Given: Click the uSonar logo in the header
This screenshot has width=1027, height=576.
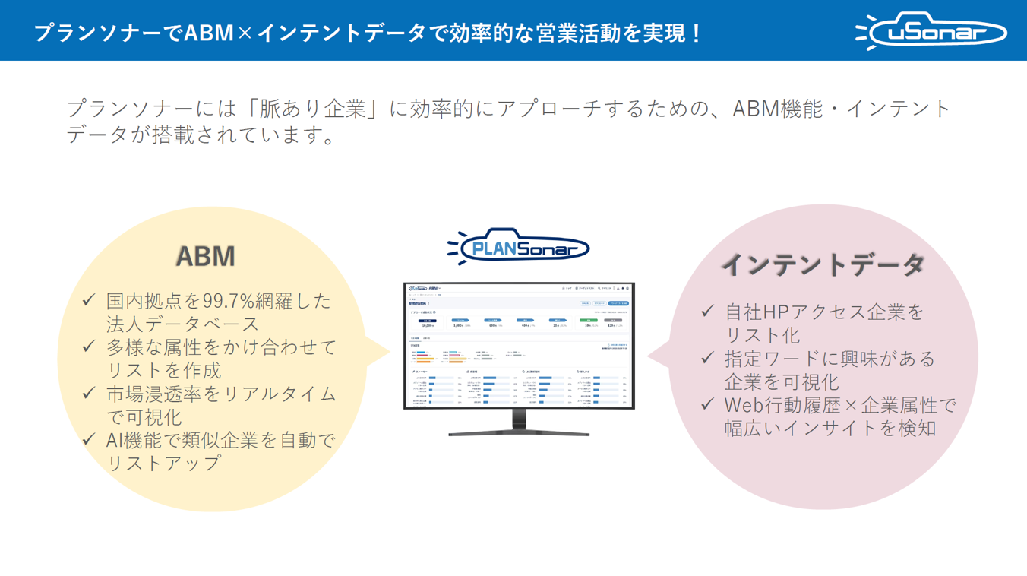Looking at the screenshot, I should point(931,31).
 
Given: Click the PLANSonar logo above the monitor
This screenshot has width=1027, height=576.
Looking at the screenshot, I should point(518,247).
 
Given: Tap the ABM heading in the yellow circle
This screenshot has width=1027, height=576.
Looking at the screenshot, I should point(205,256).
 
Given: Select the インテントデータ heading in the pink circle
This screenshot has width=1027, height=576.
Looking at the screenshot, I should point(823,264).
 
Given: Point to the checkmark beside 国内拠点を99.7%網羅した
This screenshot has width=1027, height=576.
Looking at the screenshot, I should point(89,300).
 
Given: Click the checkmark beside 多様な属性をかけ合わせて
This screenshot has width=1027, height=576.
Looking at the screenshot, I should point(89,347).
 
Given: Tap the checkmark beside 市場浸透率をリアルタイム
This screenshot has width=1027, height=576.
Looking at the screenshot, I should point(89,393).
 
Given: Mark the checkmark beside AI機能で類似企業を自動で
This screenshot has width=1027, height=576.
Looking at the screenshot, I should point(89,439).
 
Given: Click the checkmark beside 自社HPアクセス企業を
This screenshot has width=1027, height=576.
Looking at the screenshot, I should point(708,311).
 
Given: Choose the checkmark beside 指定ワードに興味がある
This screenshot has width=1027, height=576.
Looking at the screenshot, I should point(708,357).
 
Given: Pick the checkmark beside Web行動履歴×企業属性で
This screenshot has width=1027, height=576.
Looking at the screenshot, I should point(708,404).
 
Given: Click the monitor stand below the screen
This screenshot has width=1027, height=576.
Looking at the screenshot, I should point(519,423).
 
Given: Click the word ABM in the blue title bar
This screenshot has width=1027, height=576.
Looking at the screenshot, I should point(208,33).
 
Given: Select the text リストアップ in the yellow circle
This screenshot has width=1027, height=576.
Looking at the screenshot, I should point(164,463).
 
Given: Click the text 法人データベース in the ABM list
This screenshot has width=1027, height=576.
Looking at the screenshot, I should point(183,324).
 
